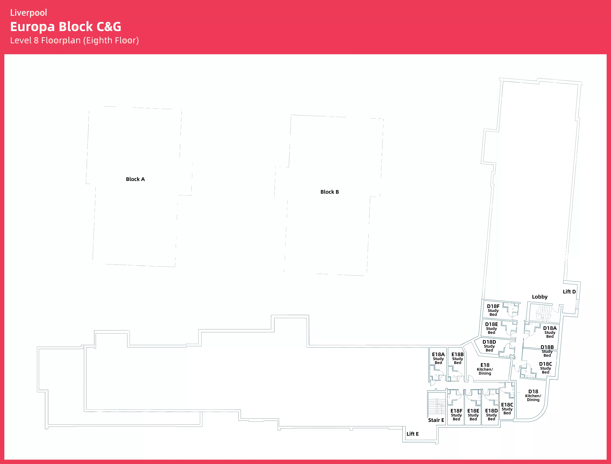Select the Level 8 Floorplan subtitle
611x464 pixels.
tap(74, 40)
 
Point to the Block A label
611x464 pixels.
tap(135, 179)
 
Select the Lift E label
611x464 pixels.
tap(413, 434)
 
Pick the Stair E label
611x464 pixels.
tap(436, 420)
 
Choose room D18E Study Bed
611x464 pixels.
tap(491, 328)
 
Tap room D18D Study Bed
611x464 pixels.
tap(489, 346)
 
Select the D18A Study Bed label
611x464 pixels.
tap(550, 332)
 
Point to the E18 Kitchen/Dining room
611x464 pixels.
tap(485, 369)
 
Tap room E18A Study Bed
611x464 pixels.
tap(438, 358)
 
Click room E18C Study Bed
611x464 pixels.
tap(507, 408)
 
